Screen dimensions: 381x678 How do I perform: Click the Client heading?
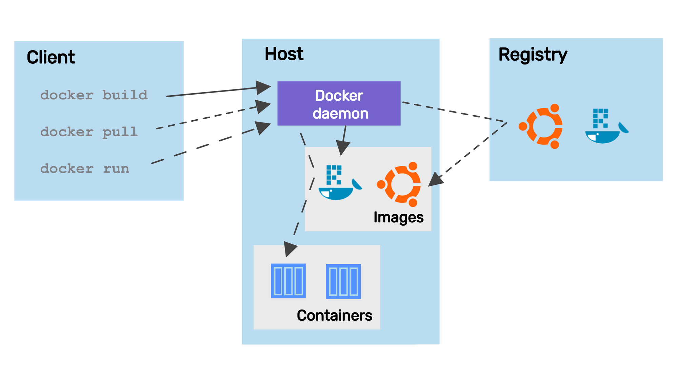pyautogui.click(x=51, y=57)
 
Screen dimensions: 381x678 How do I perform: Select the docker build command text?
pyautogui.click(x=94, y=95)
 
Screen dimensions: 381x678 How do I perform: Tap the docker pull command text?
pyautogui.click(x=89, y=132)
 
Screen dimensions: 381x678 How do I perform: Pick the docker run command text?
pyautogui.click(x=85, y=168)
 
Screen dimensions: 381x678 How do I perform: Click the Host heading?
pyautogui.click(x=284, y=54)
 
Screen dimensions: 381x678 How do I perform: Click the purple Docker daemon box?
pyautogui.click(x=339, y=104)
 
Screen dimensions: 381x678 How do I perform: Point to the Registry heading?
pyautogui.click(x=533, y=55)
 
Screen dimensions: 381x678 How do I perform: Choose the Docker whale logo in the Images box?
pyautogui.click(x=339, y=183)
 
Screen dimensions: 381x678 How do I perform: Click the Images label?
pyautogui.click(x=398, y=217)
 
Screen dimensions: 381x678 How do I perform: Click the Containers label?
pyautogui.click(x=334, y=316)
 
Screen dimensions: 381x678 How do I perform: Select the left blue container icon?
pyautogui.click(x=288, y=281)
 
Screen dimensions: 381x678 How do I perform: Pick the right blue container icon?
pyautogui.click(x=343, y=281)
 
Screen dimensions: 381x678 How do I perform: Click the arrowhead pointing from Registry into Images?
pyautogui.click(x=435, y=180)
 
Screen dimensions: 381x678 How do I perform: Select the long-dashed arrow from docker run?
pyautogui.click(x=203, y=146)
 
